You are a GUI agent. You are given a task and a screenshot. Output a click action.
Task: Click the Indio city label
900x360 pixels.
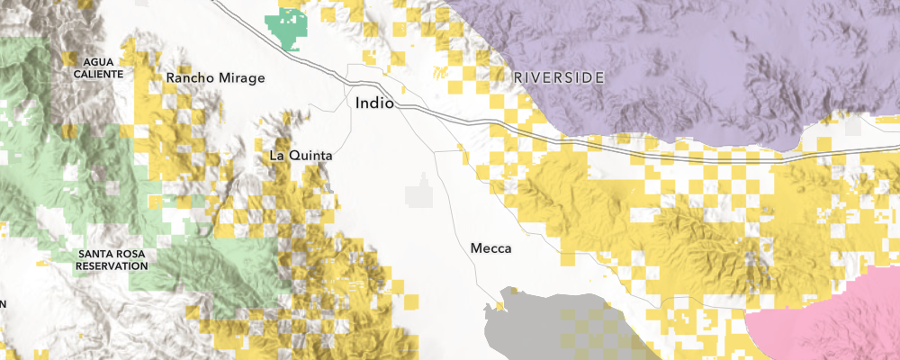pos(374,103)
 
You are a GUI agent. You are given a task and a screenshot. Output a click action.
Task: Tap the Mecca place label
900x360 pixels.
pos(491,247)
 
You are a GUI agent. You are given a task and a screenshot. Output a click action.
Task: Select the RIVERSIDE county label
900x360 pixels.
pos(559,78)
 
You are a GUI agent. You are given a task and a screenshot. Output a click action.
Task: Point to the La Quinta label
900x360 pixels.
pos(301,156)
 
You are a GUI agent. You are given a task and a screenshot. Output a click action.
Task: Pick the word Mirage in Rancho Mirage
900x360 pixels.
pos(242,78)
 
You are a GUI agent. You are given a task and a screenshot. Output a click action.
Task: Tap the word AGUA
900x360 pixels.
pos(98,61)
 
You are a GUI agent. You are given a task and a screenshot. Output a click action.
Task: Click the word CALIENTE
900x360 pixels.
pos(98,73)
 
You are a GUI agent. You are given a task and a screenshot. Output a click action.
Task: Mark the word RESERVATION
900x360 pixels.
pos(112,265)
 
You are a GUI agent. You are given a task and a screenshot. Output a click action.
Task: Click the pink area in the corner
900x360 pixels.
pos(837,315)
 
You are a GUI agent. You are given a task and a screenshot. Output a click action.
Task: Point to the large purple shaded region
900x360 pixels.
pos(684,54)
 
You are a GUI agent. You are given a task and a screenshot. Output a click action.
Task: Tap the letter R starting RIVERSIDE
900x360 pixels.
pos(518,78)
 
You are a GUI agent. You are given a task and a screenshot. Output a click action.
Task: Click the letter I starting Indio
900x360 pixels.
pos(357,103)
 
